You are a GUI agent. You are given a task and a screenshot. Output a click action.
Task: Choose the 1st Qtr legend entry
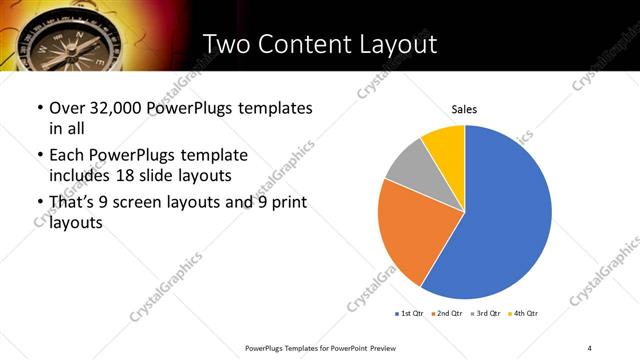410,314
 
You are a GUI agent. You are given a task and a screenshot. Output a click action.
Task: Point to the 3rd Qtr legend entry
486,314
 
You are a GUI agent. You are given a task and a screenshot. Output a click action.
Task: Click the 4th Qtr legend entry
524,314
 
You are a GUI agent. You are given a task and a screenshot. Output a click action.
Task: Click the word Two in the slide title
228,44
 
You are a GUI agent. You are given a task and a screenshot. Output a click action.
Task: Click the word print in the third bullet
286,203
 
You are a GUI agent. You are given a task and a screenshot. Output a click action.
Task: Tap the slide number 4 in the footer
590,347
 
